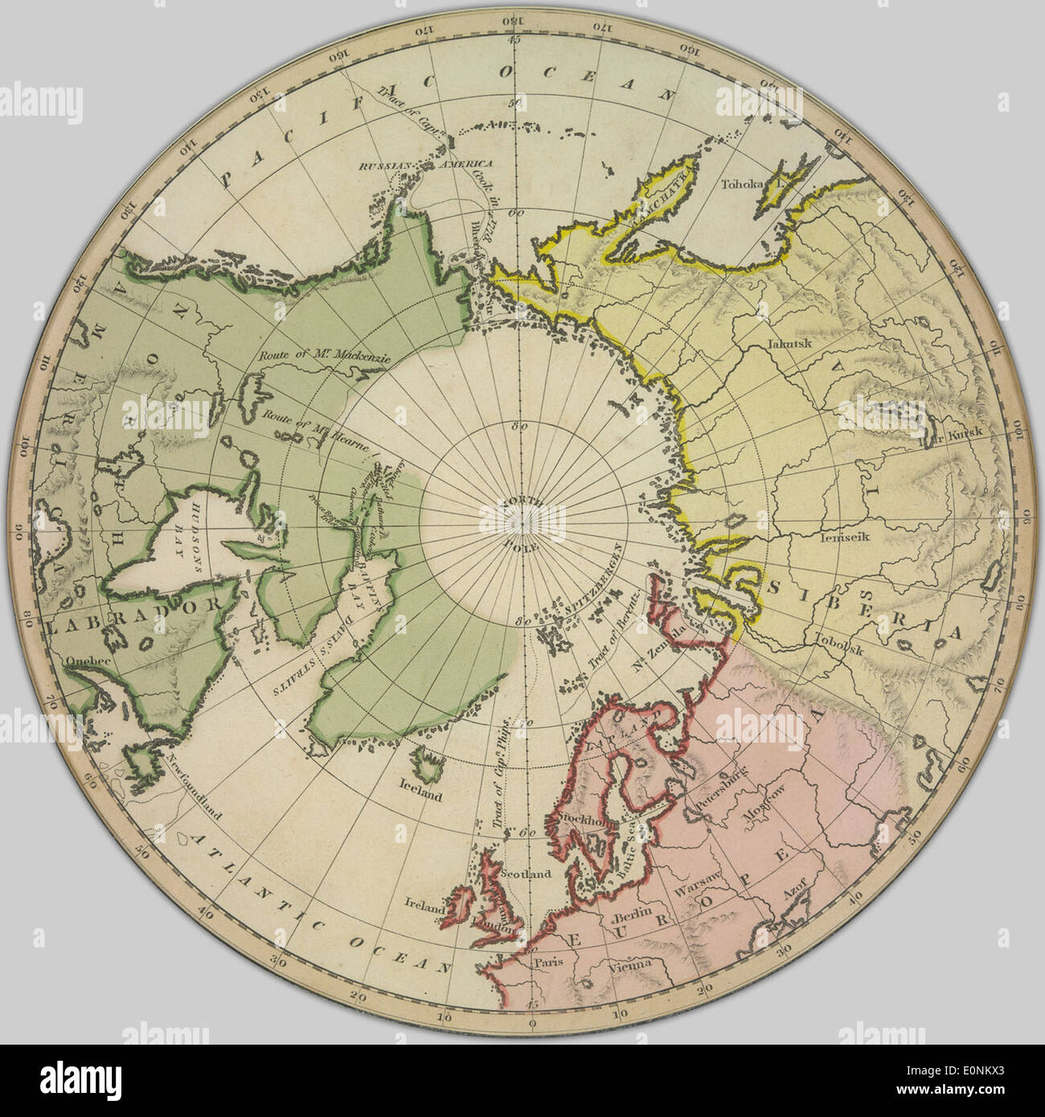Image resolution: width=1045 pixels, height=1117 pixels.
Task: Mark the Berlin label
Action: pyautogui.click(x=631, y=917)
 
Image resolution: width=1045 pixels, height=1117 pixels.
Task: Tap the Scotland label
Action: pyautogui.click(x=525, y=874)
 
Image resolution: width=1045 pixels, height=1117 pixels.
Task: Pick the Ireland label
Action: pyautogui.click(x=425, y=906)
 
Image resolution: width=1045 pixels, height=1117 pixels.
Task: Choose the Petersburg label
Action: pyautogui.click(x=718, y=784)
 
